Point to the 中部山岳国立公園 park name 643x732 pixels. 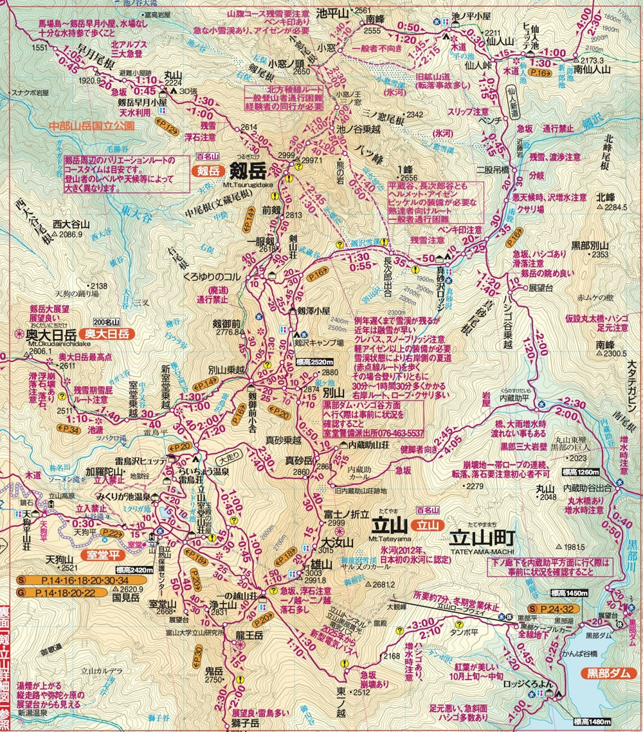click(x=91, y=127)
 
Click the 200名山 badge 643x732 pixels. click(x=107, y=322)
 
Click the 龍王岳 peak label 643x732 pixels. click(x=248, y=635)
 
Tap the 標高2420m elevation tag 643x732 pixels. click(x=134, y=569)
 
